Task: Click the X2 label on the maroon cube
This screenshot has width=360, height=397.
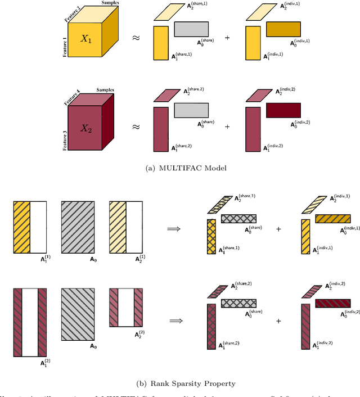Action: click(x=85, y=128)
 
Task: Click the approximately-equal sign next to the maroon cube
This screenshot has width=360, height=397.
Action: click(x=136, y=127)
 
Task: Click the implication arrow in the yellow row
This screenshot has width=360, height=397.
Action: click(x=175, y=229)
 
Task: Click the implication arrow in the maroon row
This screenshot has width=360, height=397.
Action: click(x=175, y=320)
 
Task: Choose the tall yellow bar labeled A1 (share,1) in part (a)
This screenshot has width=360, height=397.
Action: click(x=161, y=42)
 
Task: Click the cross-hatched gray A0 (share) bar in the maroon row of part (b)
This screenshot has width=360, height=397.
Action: click(x=238, y=304)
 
